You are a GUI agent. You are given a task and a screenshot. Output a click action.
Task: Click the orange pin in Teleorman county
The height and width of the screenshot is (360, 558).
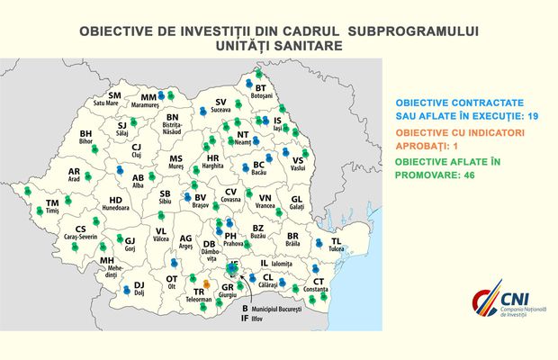(x=207, y=284)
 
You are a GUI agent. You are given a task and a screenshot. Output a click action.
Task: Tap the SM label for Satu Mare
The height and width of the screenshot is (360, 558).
(x=114, y=95)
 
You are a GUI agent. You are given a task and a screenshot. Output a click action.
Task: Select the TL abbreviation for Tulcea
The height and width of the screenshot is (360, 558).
(x=336, y=241)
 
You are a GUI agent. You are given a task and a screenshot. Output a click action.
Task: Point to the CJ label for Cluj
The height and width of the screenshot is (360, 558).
(x=137, y=148)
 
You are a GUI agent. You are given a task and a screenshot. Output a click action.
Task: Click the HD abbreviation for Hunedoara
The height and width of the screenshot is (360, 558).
(x=115, y=201)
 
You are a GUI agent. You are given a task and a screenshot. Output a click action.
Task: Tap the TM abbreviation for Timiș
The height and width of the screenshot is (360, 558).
(x=52, y=204)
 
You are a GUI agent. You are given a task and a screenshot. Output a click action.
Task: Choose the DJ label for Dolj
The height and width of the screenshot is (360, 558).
(x=139, y=285)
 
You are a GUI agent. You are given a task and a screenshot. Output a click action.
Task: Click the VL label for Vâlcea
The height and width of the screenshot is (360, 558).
(x=161, y=231)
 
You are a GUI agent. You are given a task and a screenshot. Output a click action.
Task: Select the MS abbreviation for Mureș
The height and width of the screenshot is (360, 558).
(x=176, y=158)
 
